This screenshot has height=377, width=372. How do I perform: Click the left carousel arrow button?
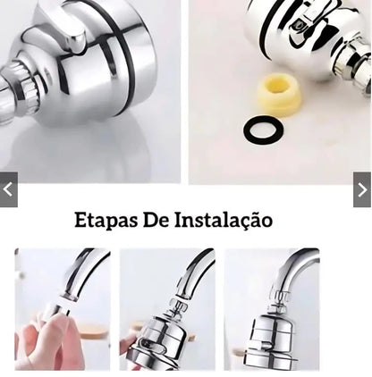(x=8, y=189)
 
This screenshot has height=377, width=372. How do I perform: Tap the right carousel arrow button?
(x=362, y=189)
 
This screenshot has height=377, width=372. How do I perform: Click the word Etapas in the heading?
(x=105, y=220)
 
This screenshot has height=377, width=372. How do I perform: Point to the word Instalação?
(x=224, y=220)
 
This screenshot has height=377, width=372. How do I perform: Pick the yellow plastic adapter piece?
(x=279, y=94)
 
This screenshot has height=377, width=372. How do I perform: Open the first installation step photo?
(x=62, y=309)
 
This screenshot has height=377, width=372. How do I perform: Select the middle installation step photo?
(x=167, y=309)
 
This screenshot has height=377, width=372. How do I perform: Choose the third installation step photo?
(x=272, y=309)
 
